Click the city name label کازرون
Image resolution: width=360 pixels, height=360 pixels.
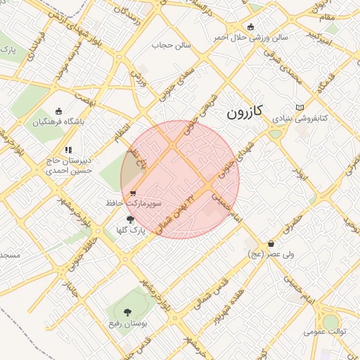[245, 111]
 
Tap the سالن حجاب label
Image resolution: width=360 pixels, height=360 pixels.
[168, 46]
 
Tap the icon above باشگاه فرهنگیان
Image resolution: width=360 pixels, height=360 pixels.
[58, 110]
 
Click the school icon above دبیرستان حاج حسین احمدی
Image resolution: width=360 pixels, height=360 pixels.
[68, 150]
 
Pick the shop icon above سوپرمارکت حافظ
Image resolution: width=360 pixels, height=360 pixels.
[134, 193]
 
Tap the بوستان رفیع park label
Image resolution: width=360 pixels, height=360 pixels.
[127, 323]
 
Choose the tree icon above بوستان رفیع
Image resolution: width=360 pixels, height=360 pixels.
[127, 312]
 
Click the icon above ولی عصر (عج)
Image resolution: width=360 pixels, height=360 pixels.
[271, 243]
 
